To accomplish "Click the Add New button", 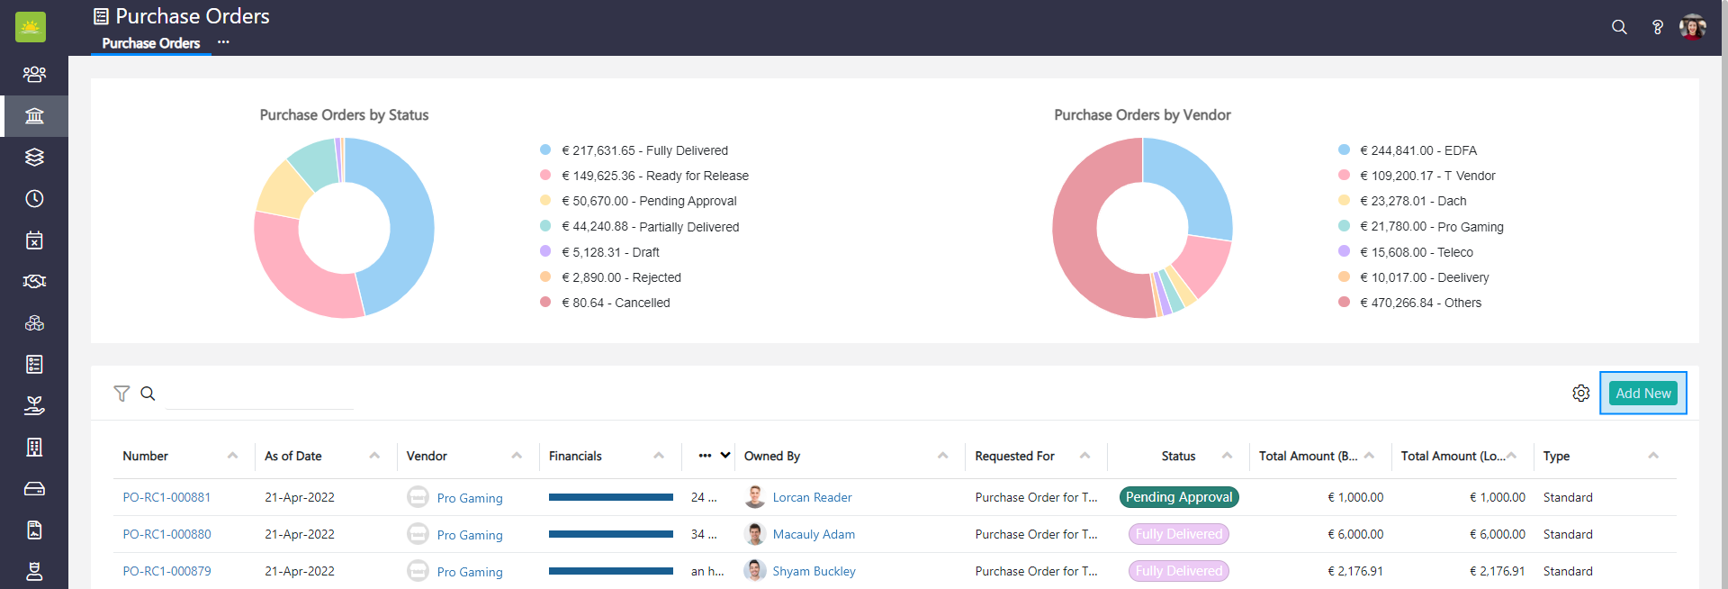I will [1642, 394].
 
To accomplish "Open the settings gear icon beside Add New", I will [1580, 394].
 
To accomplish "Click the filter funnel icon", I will [121, 394].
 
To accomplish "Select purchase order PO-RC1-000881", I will [166, 497].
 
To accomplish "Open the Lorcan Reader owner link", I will [812, 497].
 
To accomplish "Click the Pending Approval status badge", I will [1179, 497].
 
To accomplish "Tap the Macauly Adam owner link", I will [814, 534].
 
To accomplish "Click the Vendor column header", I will [427, 457].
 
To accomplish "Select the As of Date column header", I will [293, 457].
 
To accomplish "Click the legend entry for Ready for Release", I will [655, 176].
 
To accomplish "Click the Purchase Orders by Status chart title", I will [344, 115].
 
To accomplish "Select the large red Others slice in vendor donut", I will [1080, 252].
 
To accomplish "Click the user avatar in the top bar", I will [1692, 27].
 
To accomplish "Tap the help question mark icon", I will [1657, 27].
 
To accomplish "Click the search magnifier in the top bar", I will [1619, 27].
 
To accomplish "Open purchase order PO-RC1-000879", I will [166, 571].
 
